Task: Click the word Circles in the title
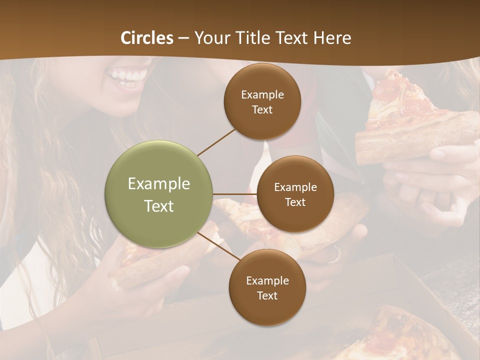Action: (x=147, y=38)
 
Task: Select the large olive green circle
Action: (x=159, y=194)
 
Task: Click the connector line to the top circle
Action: (x=216, y=142)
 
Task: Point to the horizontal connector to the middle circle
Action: (x=235, y=194)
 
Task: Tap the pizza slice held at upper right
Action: (x=410, y=120)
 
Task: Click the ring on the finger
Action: (x=334, y=255)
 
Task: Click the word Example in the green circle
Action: (x=159, y=183)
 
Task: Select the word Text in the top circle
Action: (x=262, y=109)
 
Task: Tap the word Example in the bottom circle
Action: (x=267, y=280)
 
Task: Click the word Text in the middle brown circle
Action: (x=295, y=202)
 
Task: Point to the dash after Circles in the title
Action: (x=183, y=38)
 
